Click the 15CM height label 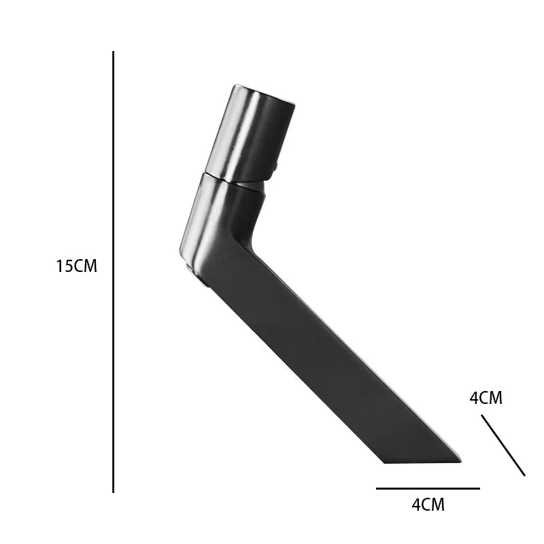pos(76,266)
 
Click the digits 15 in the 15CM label pos(65,266)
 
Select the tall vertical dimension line pos(113,271)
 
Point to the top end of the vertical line pos(113,52)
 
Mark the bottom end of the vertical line pos(113,492)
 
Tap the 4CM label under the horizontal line pos(428,505)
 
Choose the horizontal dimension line pos(428,488)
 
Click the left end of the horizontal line pos(377,488)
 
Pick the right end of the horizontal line pos(480,488)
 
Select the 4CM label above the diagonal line pos(486,398)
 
